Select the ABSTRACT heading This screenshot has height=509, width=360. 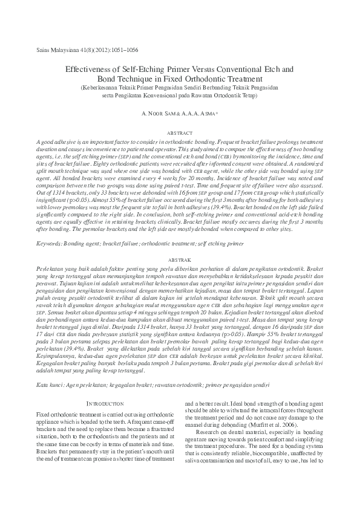point(180,132)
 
